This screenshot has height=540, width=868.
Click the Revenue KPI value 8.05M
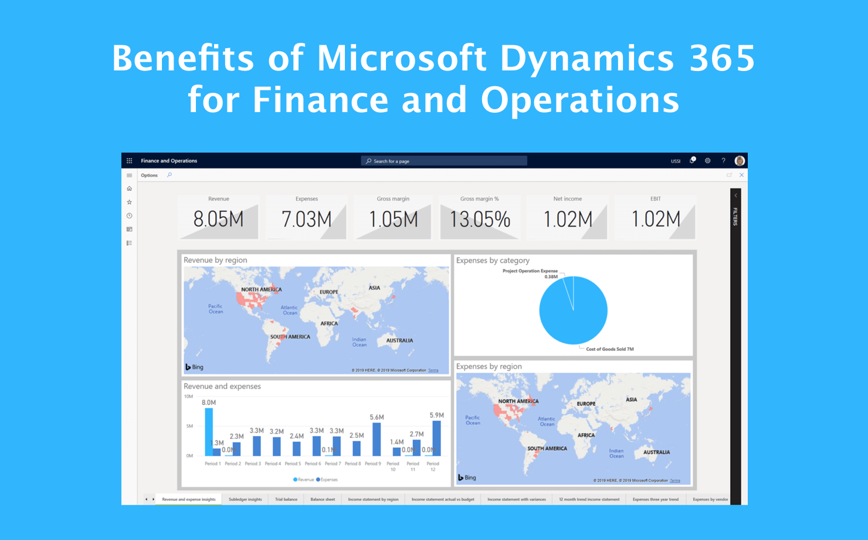pos(218,220)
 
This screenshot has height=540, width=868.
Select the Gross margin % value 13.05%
pos(480,220)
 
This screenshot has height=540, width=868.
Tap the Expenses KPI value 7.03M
pos(306,220)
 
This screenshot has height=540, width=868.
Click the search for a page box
pos(444,161)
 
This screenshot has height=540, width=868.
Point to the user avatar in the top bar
pos(740,161)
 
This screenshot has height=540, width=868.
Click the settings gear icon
pos(708,161)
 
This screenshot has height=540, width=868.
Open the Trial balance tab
pos(286,500)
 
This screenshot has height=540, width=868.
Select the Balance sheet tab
pos(323,500)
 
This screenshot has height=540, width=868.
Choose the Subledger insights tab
pos(245,500)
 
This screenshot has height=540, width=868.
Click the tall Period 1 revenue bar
pos(209,432)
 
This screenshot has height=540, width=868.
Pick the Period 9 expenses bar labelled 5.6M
pos(377,439)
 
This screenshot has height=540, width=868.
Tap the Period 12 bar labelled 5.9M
pos(436,438)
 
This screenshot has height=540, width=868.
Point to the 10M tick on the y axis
pos(188,397)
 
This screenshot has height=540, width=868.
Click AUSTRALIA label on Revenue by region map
pos(399,340)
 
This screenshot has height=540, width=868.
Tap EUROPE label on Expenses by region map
pos(586,404)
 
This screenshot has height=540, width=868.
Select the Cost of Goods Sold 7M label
pos(610,349)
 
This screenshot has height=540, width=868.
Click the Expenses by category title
pos(493,261)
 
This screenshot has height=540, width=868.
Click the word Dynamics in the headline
pos(586,58)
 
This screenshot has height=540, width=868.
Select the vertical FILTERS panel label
pos(735,217)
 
